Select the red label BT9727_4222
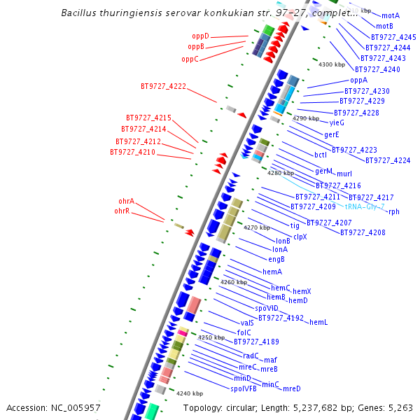point(163,87)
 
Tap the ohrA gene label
point(126,201)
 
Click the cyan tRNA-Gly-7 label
point(365,207)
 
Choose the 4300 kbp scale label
point(332,64)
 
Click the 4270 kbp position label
point(256,227)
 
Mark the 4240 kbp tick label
point(190,393)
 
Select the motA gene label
point(391,15)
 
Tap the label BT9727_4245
point(393,37)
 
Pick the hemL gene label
point(318,323)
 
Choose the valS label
point(246,323)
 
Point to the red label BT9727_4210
point(132,152)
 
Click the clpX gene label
point(300,237)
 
